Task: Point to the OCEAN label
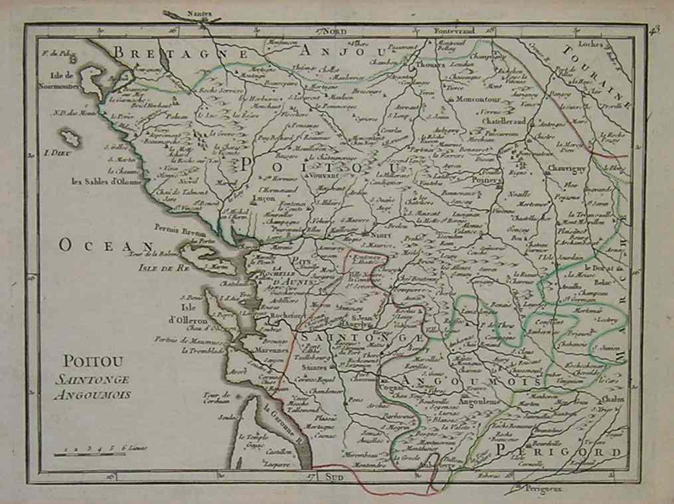[97, 245]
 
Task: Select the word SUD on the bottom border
[327, 476]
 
